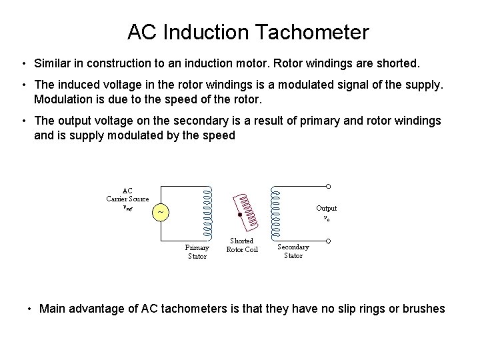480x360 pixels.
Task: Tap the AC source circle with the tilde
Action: tap(160, 212)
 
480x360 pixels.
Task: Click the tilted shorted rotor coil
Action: tap(245, 207)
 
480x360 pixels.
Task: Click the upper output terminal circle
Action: tap(327, 187)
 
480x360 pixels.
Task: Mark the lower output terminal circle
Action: tap(327, 237)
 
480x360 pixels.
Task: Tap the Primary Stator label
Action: tap(197, 251)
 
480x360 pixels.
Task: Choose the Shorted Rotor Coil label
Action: tap(241, 245)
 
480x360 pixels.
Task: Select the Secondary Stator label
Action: tap(293, 251)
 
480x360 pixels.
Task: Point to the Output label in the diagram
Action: tap(326, 208)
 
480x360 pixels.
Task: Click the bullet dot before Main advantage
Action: tap(29, 309)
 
